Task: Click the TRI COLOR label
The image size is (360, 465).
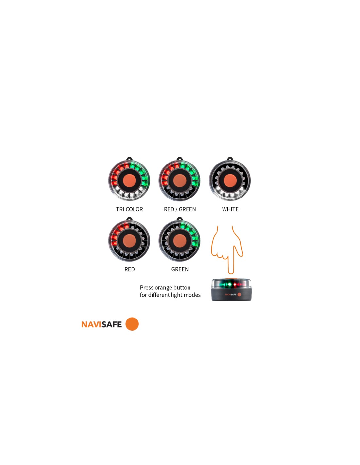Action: [x=129, y=209]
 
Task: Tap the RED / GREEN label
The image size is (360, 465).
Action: [x=180, y=209]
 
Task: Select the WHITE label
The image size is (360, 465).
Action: [x=230, y=209]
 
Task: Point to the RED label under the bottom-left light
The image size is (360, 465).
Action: [x=130, y=269]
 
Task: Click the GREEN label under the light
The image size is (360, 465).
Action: [x=180, y=269]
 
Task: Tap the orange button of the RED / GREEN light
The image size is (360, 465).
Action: [x=179, y=181]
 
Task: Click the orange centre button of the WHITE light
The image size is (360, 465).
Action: [x=230, y=181]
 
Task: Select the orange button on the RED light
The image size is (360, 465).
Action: [x=129, y=241]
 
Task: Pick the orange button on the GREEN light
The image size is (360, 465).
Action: [x=179, y=241]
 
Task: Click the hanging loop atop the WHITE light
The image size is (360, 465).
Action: [x=230, y=159]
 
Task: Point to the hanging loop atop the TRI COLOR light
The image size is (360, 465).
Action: [x=129, y=159]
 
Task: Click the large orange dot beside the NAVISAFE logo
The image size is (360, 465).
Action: [x=132, y=324]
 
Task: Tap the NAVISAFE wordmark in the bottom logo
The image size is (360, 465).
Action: [x=101, y=324]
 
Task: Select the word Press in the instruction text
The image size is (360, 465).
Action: [x=147, y=288]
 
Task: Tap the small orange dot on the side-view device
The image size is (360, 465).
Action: [x=239, y=294]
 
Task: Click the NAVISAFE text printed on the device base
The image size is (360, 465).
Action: [x=231, y=295]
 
